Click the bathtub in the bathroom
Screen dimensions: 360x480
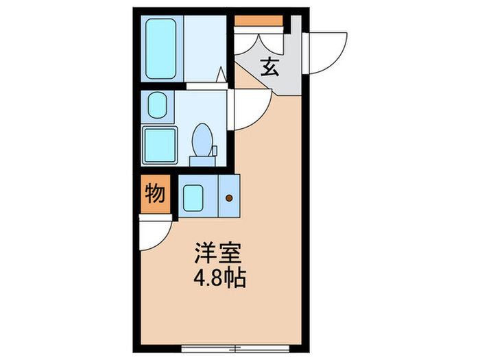tap(161, 48)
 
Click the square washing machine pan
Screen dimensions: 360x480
tap(160, 144)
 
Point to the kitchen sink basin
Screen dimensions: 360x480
tap(194, 196)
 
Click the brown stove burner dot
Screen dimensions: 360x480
tap(229, 200)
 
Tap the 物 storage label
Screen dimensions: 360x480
tap(155, 195)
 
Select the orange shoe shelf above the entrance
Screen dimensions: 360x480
tap(259, 20)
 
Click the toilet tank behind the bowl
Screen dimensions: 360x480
tap(203, 161)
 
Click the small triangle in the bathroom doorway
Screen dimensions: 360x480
tap(221, 75)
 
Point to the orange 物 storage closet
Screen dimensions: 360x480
tap(155, 195)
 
